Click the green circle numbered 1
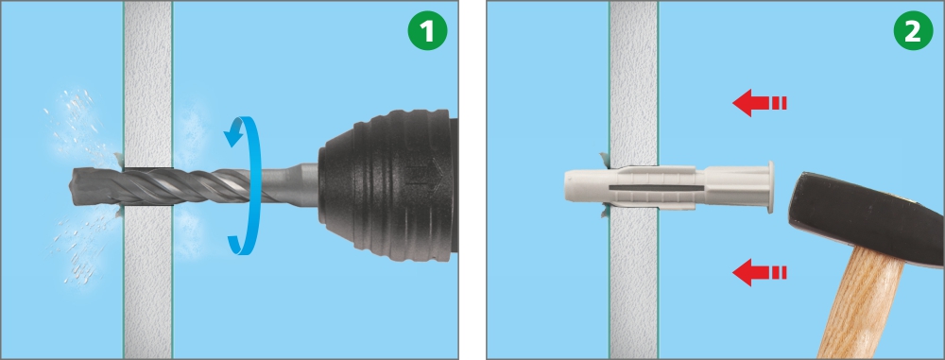pos(427,32)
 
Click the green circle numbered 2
pos(913,32)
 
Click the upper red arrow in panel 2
pos(760,103)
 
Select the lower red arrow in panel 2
pos(760,272)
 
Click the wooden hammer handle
pos(863,304)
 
